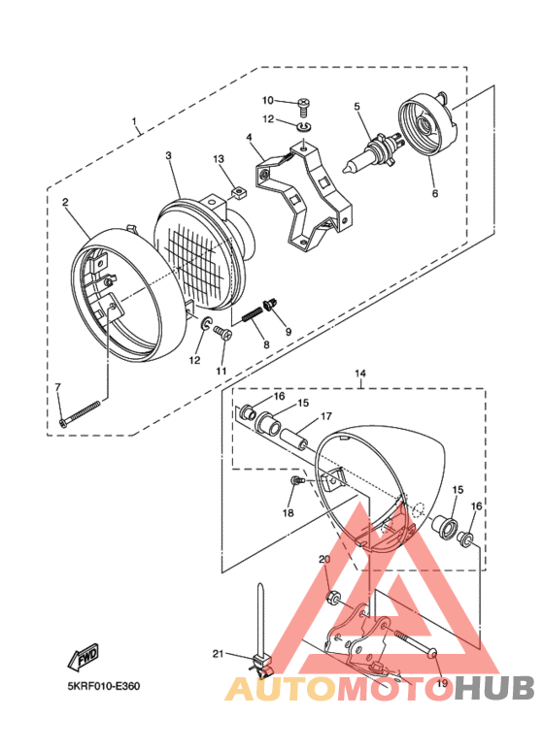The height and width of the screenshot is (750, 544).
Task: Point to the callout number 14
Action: pos(359,374)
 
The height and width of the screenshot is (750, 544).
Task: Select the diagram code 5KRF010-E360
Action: pos(104,687)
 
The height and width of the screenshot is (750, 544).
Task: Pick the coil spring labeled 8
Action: pos(254,313)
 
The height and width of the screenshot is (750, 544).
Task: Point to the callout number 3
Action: pos(168,155)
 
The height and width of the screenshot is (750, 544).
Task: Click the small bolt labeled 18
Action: pos(296,481)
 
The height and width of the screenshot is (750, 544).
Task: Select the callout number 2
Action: pos(65,202)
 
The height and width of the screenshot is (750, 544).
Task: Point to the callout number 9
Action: pos(288,332)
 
